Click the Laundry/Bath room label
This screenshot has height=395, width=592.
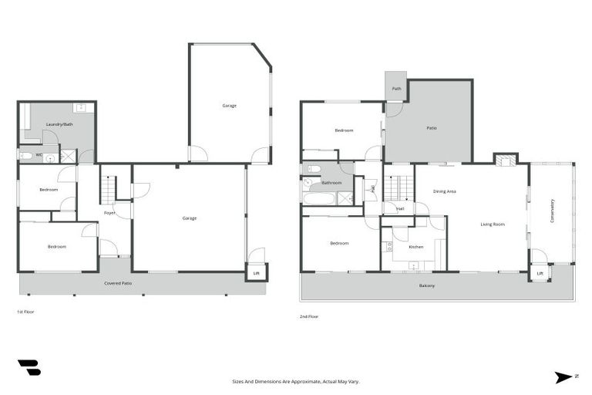point(59,124)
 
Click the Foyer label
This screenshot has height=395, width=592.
point(110,213)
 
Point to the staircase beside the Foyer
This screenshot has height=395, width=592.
point(109,189)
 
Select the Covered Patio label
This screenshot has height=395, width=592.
point(118,283)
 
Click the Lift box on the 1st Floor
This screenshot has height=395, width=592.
point(257,272)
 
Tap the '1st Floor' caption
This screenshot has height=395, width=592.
point(25,312)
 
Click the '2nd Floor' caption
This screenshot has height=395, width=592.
point(308,316)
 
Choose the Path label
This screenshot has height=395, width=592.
point(396,89)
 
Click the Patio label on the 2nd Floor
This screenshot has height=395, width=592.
point(431,128)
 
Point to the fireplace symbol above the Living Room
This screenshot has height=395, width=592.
point(506,160)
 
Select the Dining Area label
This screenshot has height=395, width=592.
point(444,191)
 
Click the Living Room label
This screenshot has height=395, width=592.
point(493,224)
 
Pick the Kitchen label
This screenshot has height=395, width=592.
point(415,247)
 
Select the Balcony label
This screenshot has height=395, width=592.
point(426,286)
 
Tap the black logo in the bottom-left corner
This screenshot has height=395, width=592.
point(29,368)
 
